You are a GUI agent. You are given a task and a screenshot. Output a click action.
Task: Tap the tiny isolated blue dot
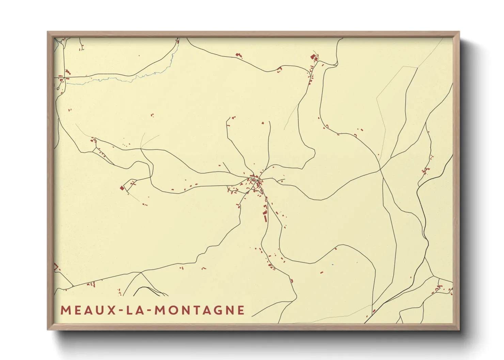(x=333, y=264)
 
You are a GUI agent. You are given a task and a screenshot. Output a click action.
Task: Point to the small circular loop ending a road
(x=58, y=88)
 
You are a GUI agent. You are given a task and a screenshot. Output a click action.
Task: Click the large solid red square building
(x=122, y=188)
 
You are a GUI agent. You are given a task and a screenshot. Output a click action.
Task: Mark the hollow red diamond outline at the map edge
(x=56, y=266)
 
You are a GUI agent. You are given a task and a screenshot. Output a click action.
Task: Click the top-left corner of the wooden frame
(x=48, y=32)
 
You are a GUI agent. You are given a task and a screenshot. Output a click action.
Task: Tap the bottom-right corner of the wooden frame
(x=459, y=329)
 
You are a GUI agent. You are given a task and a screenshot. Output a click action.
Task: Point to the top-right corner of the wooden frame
(x=459, y=32)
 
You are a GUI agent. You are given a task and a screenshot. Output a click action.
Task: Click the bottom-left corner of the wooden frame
(x=48, y=329)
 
